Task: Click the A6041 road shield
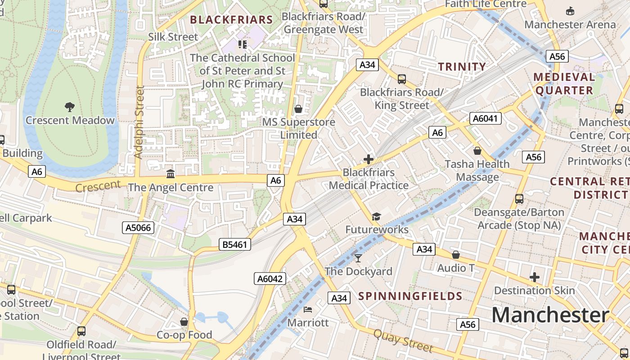point(486,118)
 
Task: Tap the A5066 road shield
point(138,228)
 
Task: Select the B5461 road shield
point(235,244)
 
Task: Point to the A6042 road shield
point(270,279)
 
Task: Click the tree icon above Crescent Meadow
point(70,107)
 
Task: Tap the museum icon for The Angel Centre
point(171,174)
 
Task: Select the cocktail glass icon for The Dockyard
point(358,258)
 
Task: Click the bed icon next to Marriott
point(308,309)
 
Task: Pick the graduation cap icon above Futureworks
point(376,217)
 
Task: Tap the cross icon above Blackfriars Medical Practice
point(369,159)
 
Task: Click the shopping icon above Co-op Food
point(184,322)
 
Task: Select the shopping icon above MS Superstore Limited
point(298,109)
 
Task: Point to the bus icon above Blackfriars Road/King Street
point(401,79)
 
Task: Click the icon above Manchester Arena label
point(570,11)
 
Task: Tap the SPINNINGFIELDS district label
point(410,296)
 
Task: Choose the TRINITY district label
point(462,67)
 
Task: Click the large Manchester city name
point(550,315)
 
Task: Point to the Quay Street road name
point(403,341)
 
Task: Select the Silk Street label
point(173,37)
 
